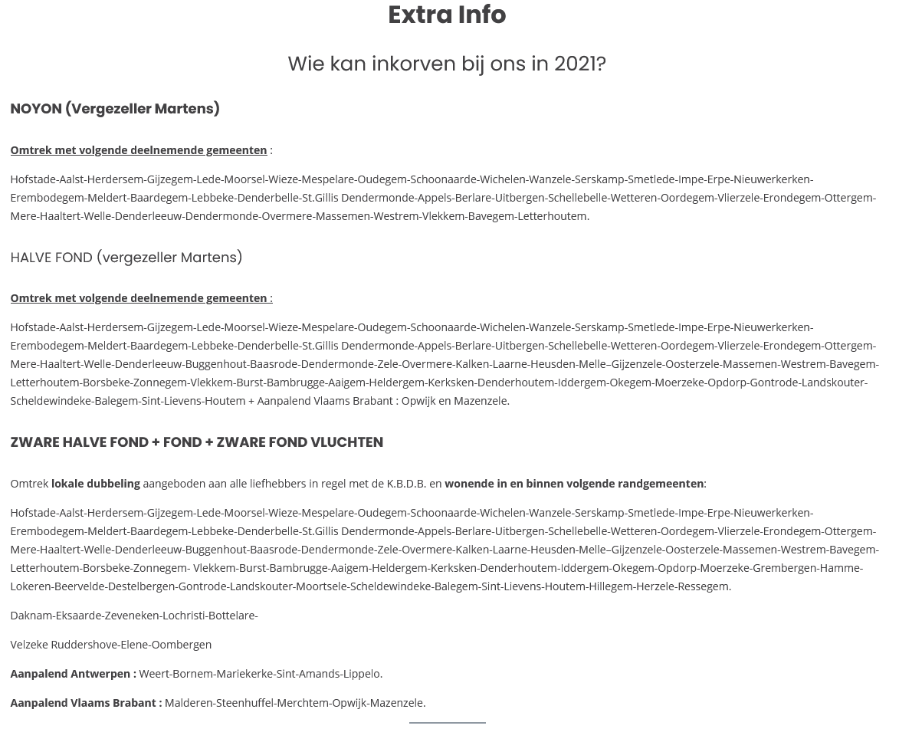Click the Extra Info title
pyautogui.click(x=447, y=15)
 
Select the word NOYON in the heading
pyautogui.click(x=36, y=109)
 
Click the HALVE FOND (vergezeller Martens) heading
pyautogui.click(x=126, y=258)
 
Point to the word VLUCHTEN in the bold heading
pyautogui.click(x=346, y=442)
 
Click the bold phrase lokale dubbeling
pyautogui.click(x=95, y=484)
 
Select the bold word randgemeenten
pyautogui.click(x=661, y=484)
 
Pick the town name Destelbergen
pyautogui.click(x=141, y=586)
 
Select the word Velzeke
pyautogui.click(x=29, y=645)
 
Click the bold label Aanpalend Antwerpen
pyautogui.click(x=73, y=674)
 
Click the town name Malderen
pyautogui.click(x=189, y=703)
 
